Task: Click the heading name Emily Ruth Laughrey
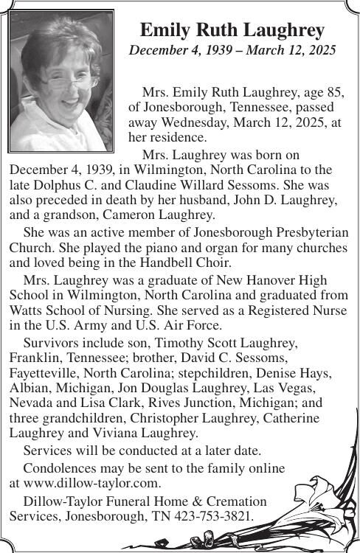click(232, 30)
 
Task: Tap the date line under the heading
click(232, 51)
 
